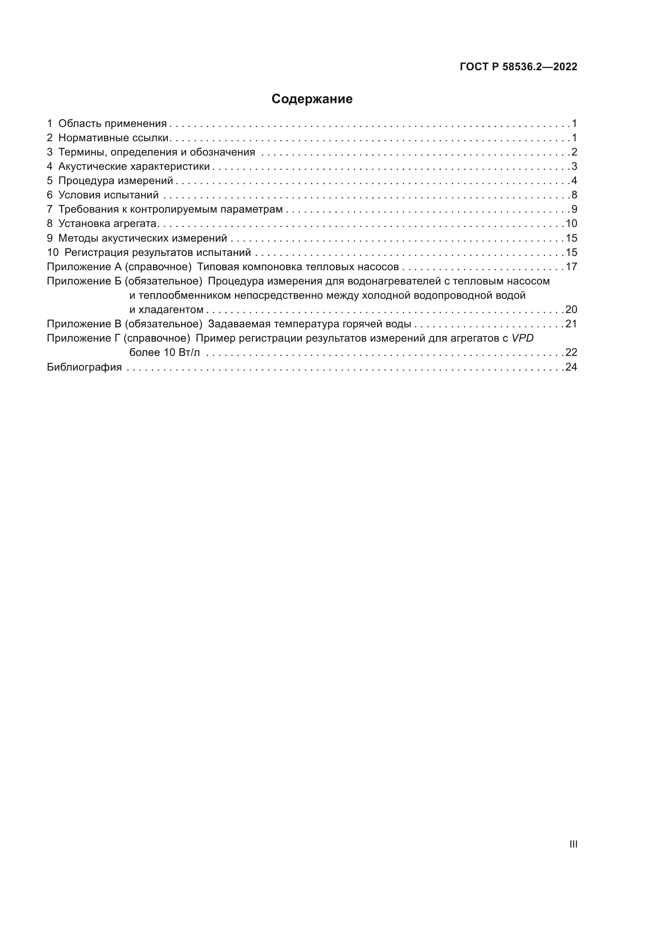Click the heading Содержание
[x=312, y=99]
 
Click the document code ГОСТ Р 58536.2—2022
[x=518, y=67]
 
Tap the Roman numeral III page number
[x=573, y=844]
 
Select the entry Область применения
[x=112, y=124]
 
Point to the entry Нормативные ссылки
[x=113, y=138]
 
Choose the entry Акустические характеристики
[x=134, y=167]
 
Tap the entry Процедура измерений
[x=115, y=181]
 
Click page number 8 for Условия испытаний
[x=574, y=195]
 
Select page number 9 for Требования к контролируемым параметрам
[x=574, y=209]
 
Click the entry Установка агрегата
[x=107, y=223]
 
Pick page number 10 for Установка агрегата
[x=571, y=223]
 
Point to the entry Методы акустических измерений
[x=142, y=238]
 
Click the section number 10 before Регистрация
[x=52, y=253]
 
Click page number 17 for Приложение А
[x=571, y=267]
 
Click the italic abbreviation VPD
[x=522, y=338]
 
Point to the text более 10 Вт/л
[x=165, y=352]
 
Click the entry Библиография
[x=84, y=367]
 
